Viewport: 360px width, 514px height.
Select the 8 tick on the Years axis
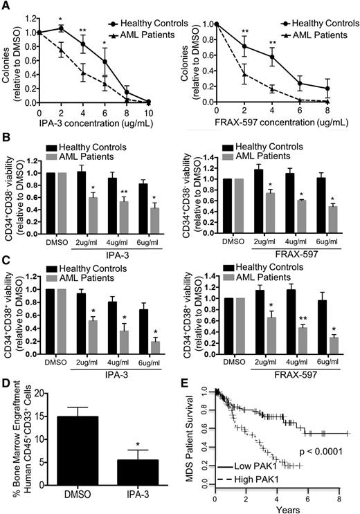coord(338,497)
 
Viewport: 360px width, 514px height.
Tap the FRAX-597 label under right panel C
coord(300,374)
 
